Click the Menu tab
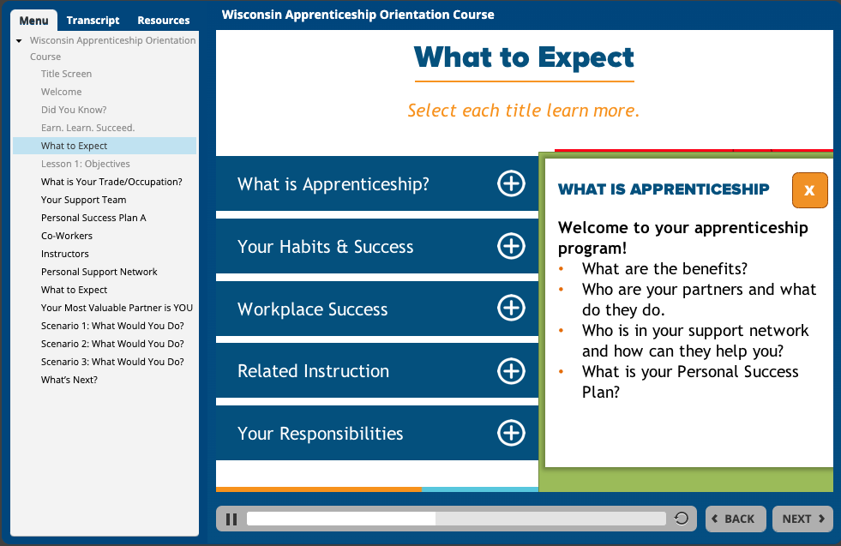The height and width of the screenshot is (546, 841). [33, 21]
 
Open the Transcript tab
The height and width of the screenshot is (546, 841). [93, 21]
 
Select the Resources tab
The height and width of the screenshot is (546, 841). [164, 21]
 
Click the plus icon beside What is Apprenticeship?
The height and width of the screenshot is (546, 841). [511, 184]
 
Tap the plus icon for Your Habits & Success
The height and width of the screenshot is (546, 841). [511, 246]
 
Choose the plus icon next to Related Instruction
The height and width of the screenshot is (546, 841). [511, 370]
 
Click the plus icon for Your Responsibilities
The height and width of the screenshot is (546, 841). [511, 433]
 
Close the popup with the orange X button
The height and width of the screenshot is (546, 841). [809, 190]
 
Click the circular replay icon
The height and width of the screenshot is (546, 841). [682, 519]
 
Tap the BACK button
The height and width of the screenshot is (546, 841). [736, 519]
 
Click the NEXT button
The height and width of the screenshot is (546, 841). [803, 519]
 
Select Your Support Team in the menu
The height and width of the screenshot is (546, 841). [84, 200]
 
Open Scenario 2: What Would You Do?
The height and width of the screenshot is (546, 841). [112, 344]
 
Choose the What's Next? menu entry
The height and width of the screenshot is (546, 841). [69, 380]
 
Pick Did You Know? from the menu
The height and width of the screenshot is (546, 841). [74, 110]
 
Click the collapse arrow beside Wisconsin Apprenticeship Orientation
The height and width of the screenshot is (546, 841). [19, 41]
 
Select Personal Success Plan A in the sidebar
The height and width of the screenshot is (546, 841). [93, 218]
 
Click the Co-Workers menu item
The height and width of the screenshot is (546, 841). [67, 236]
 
